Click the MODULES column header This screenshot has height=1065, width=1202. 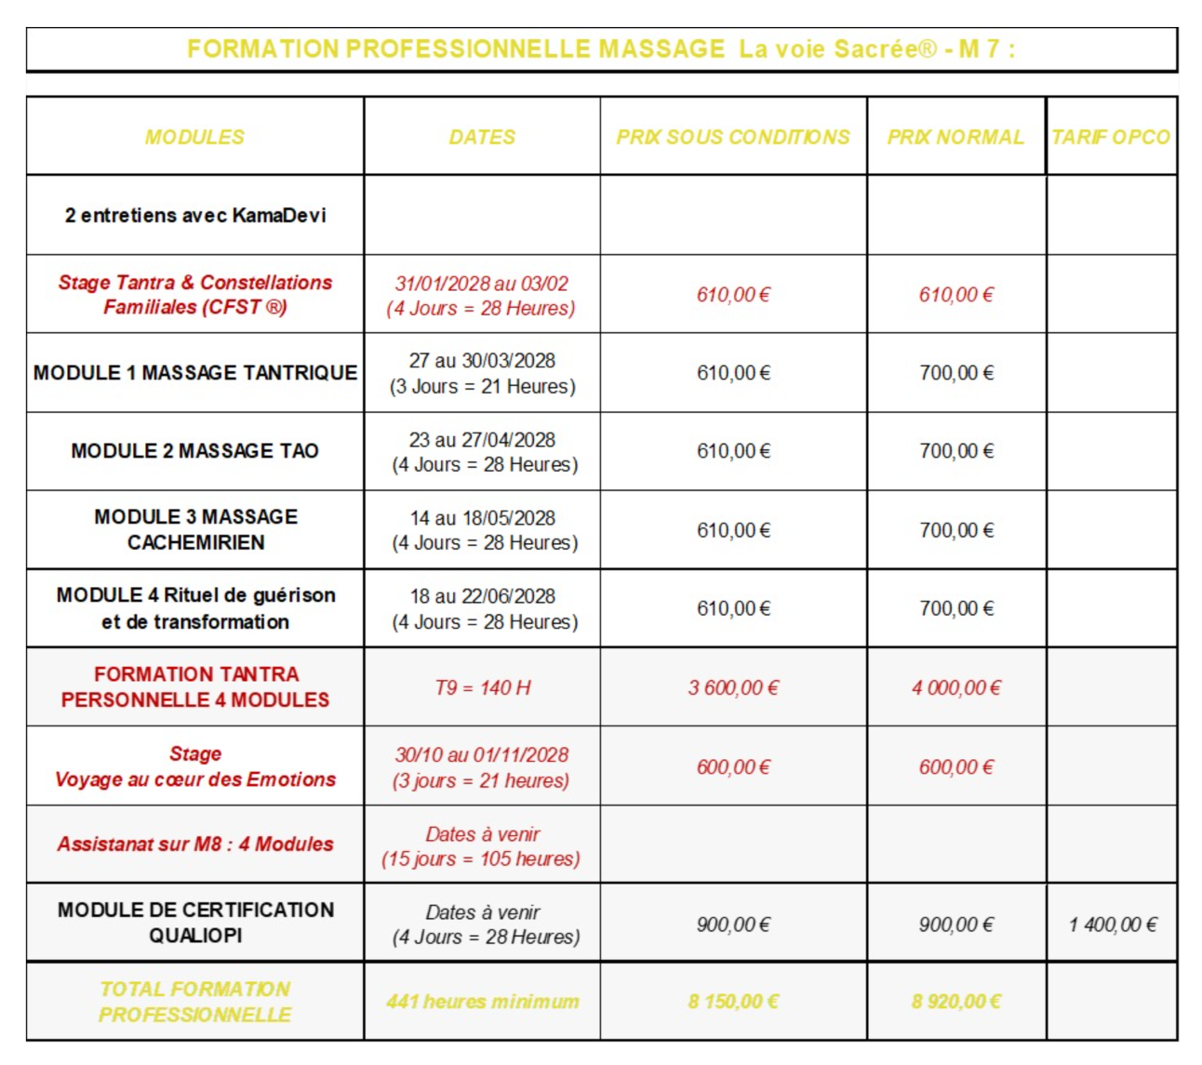pos(194,137)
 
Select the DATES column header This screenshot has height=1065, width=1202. pos(482,137)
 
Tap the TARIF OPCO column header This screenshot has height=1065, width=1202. pos(1111,137)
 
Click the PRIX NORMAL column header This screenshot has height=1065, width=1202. pos(955,137)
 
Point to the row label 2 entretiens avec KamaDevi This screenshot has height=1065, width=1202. pos(195,215)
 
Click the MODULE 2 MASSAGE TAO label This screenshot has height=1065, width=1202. pos(195,451)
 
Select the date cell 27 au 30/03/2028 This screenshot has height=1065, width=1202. pos(482,361)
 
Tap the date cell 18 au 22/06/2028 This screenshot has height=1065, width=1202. pos(483,596)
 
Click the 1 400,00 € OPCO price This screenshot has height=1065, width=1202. pos(1113,925)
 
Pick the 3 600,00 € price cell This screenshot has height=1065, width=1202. pos(733,688)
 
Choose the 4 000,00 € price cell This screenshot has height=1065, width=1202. pos(956,688)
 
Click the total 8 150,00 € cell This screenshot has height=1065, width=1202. pos(733,1002)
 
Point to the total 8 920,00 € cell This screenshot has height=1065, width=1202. pos(956,1002)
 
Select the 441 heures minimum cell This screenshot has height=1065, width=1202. pos(482,1002)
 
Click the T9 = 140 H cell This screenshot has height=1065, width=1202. pos(482,688)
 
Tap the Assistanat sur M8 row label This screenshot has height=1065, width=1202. pos(195,845)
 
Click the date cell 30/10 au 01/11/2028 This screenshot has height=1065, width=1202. pos(482,755)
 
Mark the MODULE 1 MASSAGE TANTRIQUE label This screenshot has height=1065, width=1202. pos(195,373)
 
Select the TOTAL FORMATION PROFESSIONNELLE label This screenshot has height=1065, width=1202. pos(195,1002)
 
